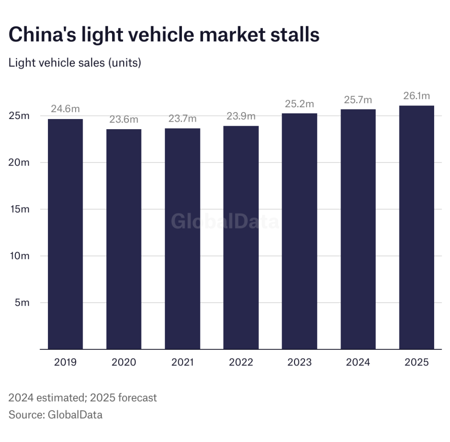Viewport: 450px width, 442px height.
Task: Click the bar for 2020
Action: click(123, 239)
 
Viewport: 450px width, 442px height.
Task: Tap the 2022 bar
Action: click(241, 237)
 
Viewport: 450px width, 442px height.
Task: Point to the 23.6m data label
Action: click(123, 120)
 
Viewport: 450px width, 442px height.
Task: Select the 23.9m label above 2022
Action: click(241, 116)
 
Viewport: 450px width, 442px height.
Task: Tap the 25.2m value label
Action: click(299, 104)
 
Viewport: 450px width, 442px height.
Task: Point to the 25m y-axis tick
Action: click(19, 116)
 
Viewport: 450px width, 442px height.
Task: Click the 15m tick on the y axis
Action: click(19, 209)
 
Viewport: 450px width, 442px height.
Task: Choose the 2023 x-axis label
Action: click(299, 362)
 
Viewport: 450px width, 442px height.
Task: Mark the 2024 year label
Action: click(358, 362)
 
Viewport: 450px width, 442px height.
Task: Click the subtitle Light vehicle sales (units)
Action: click(75, 63)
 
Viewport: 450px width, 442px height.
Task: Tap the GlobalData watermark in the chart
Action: click(225, 222)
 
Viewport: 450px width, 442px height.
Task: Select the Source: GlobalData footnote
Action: click(55, 414)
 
